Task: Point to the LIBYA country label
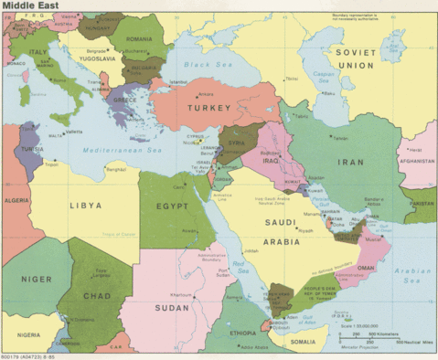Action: point(85,206)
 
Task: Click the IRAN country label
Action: point(351,161)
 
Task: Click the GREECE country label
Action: point(125,101)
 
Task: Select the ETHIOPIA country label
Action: point(241,333)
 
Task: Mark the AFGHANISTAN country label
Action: point(418,160)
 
